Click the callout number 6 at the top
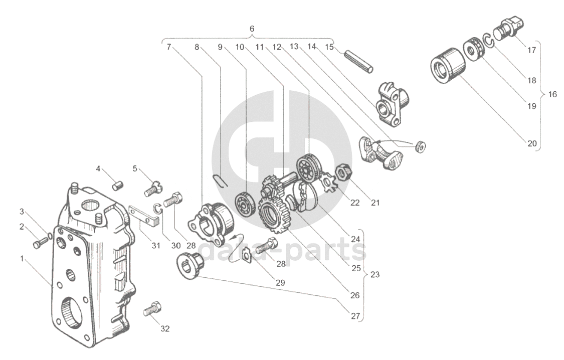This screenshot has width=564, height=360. (252, 29)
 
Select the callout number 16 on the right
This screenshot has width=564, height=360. (552, 94)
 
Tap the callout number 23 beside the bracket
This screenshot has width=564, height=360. (374, 274)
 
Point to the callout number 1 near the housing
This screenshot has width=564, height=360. (22, 259)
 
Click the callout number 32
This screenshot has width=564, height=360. (165, 329)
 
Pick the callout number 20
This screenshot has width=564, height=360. (532, 143)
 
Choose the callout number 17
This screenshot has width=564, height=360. (532, 50)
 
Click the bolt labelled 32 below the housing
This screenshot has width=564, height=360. (151, 309)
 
